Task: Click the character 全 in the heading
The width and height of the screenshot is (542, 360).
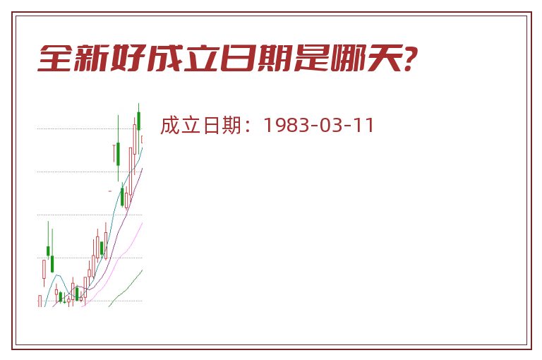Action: pyautogui.click(x=55, y=58)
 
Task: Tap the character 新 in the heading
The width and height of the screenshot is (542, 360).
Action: pyautogui.click(x=92, y=58)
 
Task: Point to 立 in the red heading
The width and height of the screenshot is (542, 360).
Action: pyautogui.click(x=202, y=58)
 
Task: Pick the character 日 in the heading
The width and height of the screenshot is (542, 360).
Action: pyautogui.click(x=238, y=58)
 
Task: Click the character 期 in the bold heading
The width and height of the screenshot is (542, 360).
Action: pyautogui.click(x=275, y=58)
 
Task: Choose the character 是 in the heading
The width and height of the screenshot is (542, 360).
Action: pyautogui.click(x=311, y=58)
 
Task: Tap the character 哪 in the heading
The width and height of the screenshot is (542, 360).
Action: pyautogui.click(x=348, y=58)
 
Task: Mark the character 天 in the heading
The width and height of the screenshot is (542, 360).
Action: pyautogui.click(x=385, y=58)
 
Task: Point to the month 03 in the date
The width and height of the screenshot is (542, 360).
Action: pyautogui.click(x=330, y=125)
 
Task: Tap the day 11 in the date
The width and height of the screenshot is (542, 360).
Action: pyautogui.click(x=363, y=125)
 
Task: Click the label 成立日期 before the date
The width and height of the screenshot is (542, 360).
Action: pyautogui.click(x=201, y=125)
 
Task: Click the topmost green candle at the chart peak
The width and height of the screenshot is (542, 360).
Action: pyautogui.click(x=138, y=120)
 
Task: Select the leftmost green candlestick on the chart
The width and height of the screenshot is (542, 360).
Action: pyautogui.click(x=48, y=251)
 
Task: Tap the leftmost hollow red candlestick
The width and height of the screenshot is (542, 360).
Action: pyautogui.click(x=40, y=301)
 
